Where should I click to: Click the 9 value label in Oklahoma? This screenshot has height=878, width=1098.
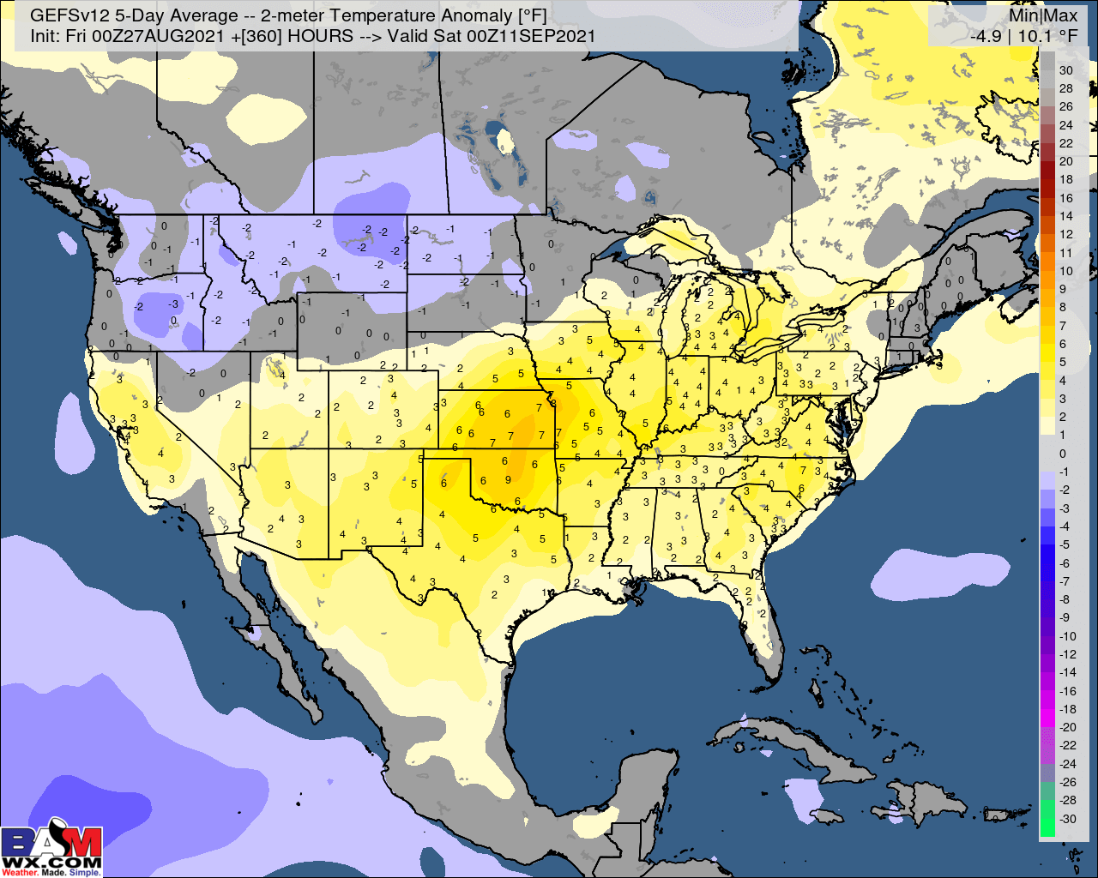click(x=508, y=480)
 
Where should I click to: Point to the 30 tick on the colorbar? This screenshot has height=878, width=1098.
click(x=1065, y=70)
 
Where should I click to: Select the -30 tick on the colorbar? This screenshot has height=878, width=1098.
click(x=1067, y=818)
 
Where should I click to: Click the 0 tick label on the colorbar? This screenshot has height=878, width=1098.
click(x=1063, y=454)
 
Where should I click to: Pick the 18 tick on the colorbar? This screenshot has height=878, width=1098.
click(x=1065, y=179)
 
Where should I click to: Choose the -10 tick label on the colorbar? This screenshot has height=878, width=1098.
click(x=1067, y=635)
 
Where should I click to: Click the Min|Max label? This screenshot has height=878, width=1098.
click(x=1042, y=15)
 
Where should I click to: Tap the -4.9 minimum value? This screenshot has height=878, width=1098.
click(x=986, y=36)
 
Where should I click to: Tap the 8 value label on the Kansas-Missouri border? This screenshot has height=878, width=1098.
click(x=552, y=402)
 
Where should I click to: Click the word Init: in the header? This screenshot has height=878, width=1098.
click(x=45, y=36)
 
